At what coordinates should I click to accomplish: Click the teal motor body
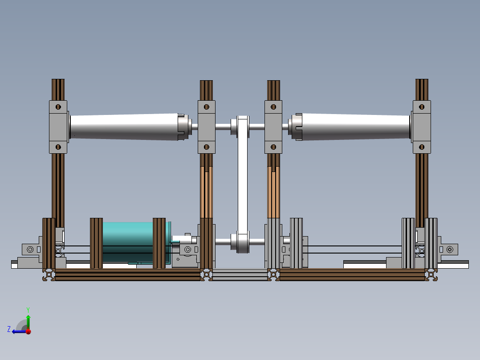(128, 242)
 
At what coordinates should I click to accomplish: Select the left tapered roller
(124, 127)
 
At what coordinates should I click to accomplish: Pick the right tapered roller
(356, 127)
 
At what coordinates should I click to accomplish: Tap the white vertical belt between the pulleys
(242, 184)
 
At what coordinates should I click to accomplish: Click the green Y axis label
(28, 310)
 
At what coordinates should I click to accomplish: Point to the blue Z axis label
(9, 329)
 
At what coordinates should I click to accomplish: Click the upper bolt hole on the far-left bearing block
(58, 107)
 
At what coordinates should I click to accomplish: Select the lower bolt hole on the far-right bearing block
(422, 147)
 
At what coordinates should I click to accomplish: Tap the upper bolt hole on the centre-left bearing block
(206, 107)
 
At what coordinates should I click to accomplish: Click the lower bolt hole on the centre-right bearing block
(273, 147)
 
